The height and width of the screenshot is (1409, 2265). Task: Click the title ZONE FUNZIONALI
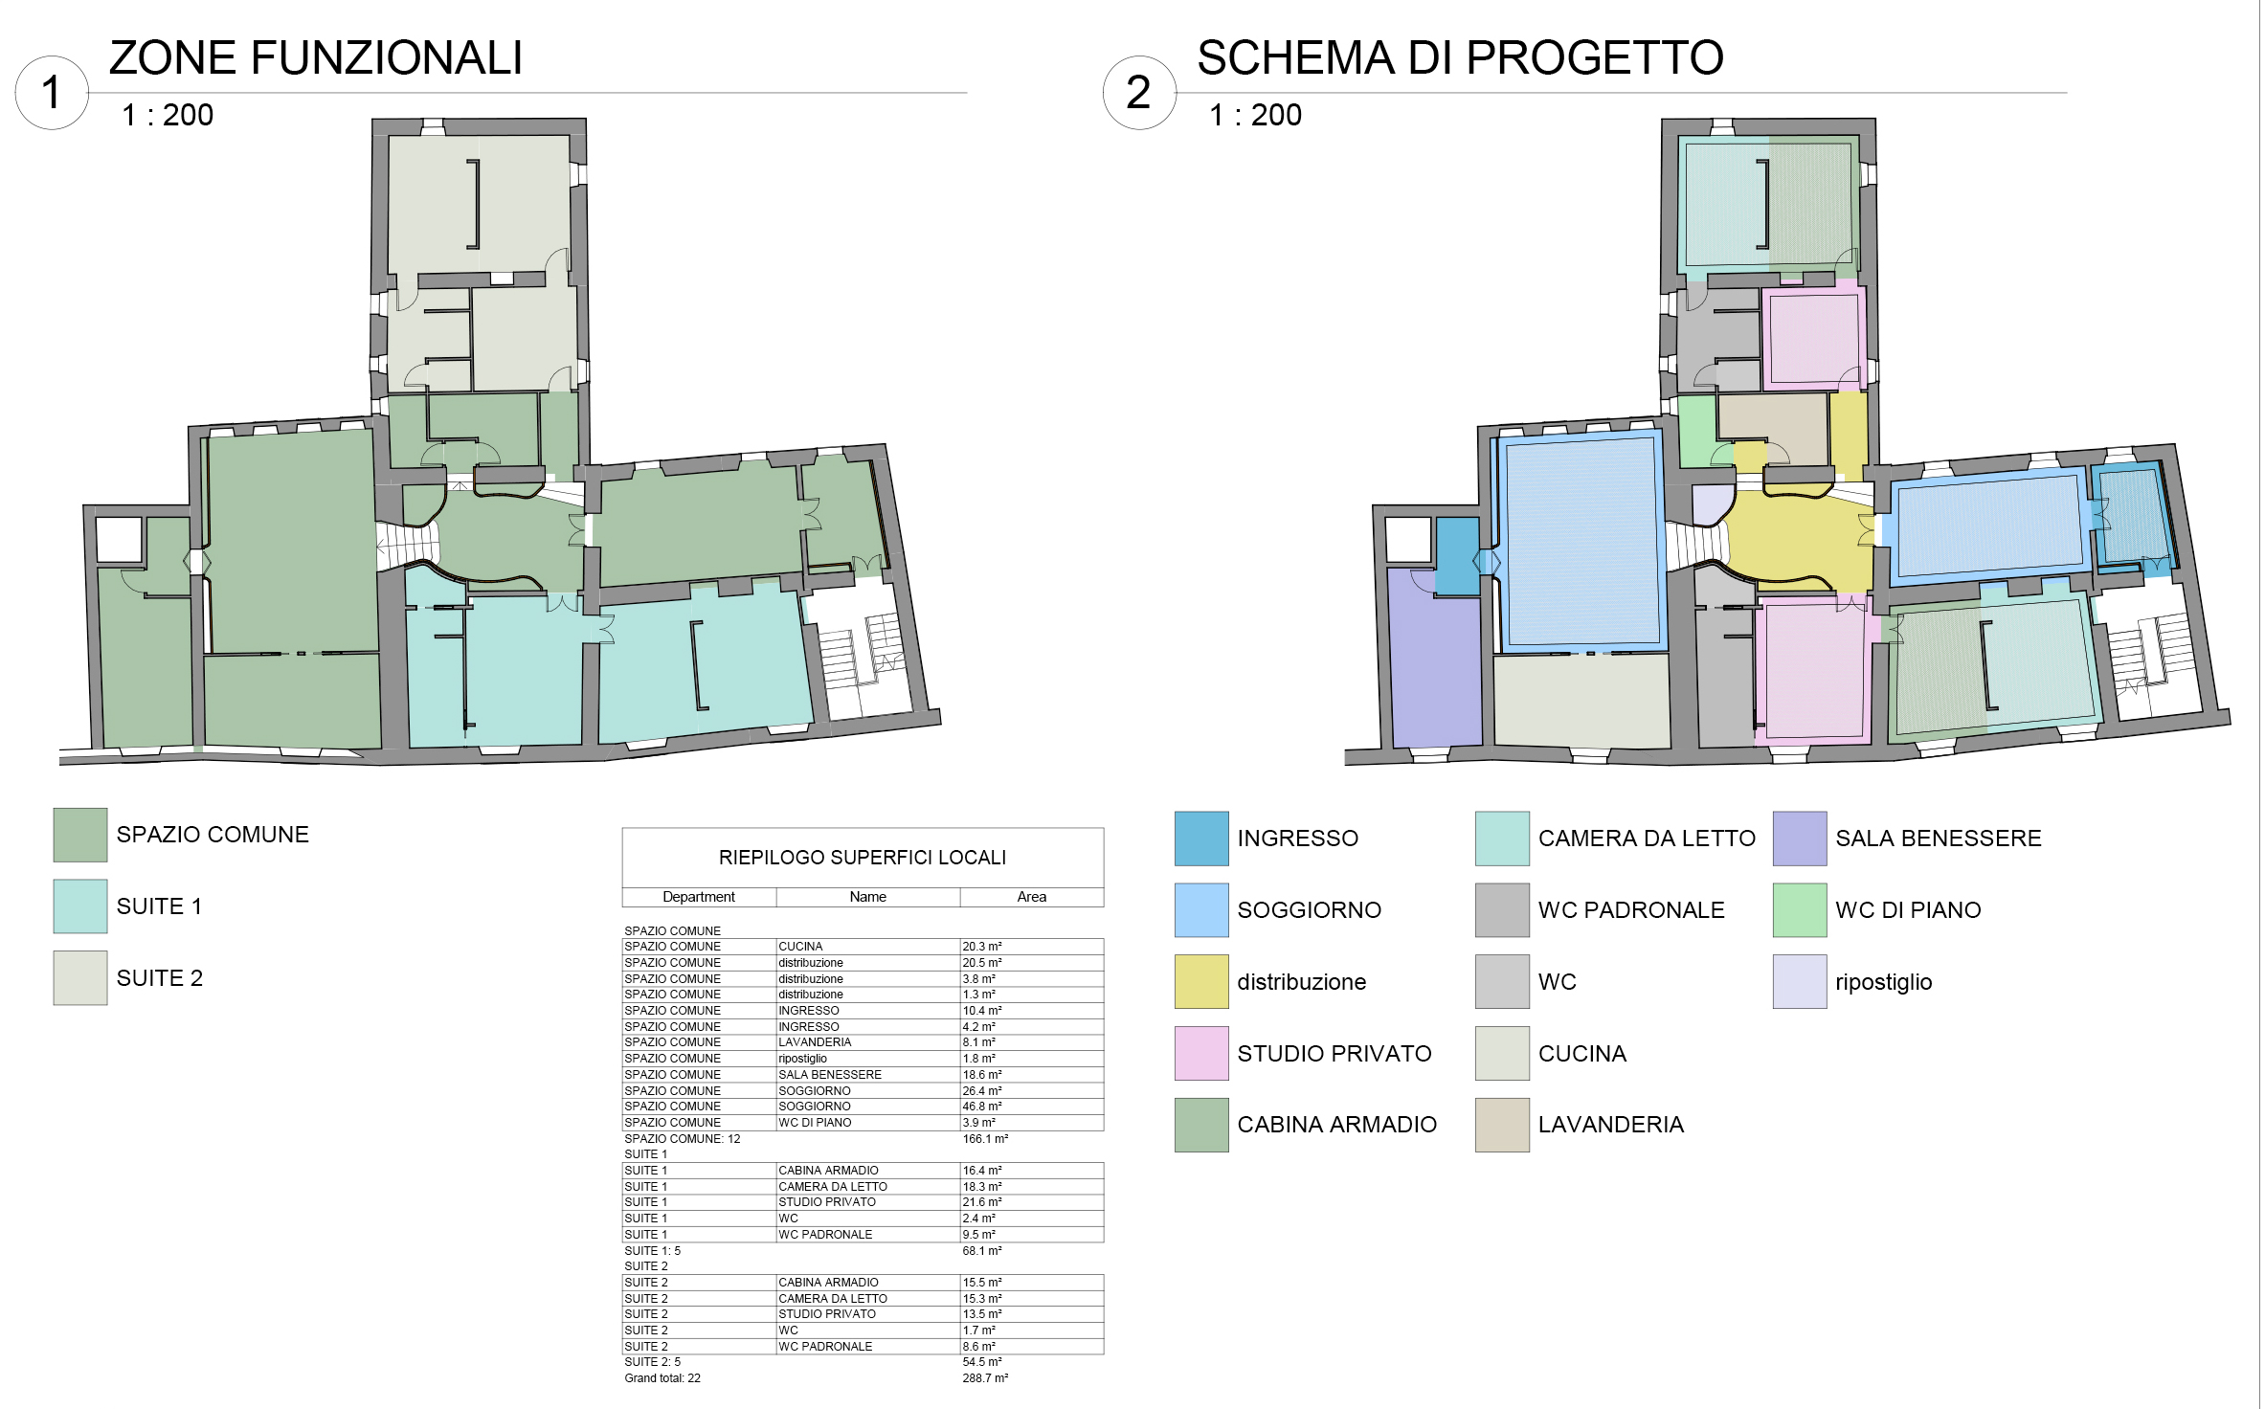(316, 58)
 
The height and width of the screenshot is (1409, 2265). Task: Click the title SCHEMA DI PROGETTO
(1460, 58)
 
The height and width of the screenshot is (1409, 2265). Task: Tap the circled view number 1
(52, 93)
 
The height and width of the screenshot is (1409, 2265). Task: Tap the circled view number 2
(1139, 93)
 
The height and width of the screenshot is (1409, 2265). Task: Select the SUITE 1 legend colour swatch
(80, 906)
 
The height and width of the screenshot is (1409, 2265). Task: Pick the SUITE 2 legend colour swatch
(80, 978)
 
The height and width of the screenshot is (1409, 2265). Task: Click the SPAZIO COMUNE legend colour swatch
(80, 835)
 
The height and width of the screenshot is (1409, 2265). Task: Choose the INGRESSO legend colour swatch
(1201, 839)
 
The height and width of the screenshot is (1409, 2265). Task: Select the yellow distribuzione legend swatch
(1201, 981)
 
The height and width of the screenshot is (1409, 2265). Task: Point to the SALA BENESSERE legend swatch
(1800, 839)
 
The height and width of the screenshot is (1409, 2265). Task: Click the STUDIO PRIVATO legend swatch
(1201, 1053)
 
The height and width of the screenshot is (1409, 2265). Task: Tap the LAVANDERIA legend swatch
(1502, 1125)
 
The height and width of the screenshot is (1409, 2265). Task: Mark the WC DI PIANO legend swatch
(1800, 910)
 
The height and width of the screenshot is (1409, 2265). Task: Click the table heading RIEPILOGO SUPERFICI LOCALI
(863, 858)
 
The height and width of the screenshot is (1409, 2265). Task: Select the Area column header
(1031, 897)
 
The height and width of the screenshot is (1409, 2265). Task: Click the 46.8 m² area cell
(982, 1107)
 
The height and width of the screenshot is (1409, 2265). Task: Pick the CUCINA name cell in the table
(800, 947)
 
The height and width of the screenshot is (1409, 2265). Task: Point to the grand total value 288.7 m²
(985, 1378)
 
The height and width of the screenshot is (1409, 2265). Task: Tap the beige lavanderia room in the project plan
(1773, 425)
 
